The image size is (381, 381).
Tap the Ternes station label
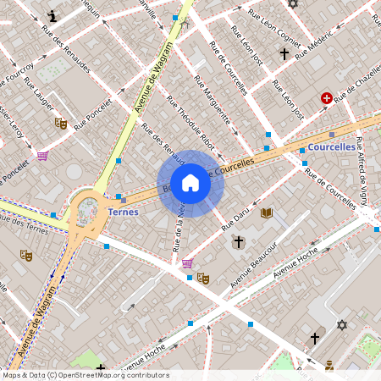[x=124, y=212]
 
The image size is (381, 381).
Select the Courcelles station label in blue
[x=332, y=147]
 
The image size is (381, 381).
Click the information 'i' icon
[x=53, y=15]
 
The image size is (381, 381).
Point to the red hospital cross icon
[x=327, y=99]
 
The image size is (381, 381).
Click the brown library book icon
[x=267, y=213]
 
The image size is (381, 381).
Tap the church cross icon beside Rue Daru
[x=239, y=242]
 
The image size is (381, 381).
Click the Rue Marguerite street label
[x=212, y=106]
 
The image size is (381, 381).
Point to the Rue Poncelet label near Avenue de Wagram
[x=93, y=119]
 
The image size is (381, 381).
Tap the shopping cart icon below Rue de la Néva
[x=186, y=263]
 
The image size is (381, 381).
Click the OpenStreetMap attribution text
[x=85, y=375]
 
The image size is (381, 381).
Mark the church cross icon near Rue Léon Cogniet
[x=284, y=54]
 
